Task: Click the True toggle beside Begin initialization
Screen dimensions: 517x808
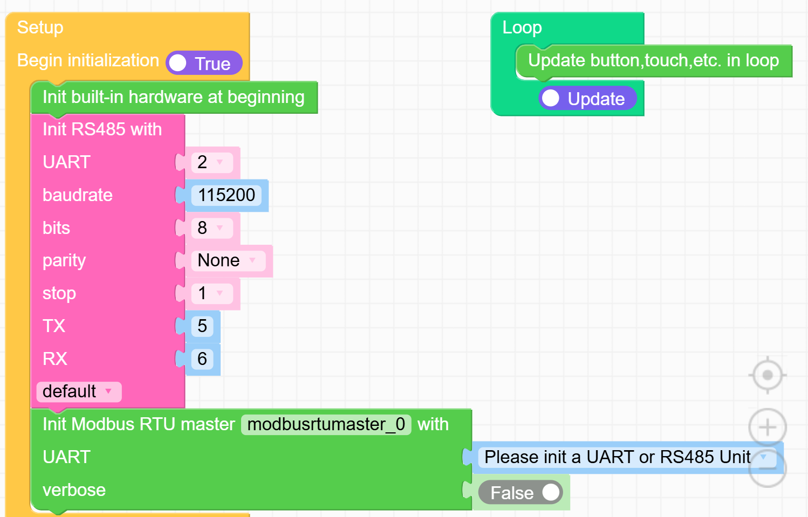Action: (x=204, y=64)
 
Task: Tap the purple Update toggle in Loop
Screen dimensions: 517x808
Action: (x=587, y=99)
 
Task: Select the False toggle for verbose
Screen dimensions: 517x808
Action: (x=521, y=493)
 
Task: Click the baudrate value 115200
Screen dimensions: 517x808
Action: (x=227, y=195)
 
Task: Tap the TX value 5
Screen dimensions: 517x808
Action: (x=202, y=326)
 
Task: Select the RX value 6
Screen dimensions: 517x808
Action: (x=202, y=359)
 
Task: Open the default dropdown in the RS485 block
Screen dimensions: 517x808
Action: (x=79, y=391)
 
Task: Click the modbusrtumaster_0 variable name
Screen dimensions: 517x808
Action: (x=326, y=424)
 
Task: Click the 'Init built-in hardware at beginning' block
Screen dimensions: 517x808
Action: (x=174, y=98)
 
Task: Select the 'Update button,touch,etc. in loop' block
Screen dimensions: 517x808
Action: (x=653, y=61)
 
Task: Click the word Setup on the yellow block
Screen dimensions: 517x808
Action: (x=40, y=27)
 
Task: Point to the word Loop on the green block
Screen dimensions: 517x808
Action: (x=522, y=27)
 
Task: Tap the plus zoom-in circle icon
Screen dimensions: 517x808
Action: (x=767, y=428)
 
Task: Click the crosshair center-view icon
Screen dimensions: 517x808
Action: (x=767, y=375)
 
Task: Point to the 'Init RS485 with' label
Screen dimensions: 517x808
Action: (x=102, y=129)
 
